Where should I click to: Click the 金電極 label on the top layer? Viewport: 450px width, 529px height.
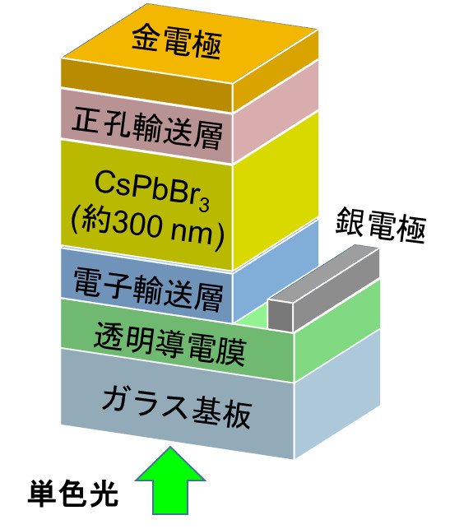point(176,42)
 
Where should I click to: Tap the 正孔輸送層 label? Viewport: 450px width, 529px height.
point(147,128)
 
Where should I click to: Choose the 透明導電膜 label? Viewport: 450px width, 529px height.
point(169,344)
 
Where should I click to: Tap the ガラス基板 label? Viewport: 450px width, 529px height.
point(177,407)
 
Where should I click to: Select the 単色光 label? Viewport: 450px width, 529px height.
point(73,494)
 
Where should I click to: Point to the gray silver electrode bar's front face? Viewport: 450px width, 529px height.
point(281,315)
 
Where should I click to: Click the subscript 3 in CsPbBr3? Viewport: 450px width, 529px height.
point(203,205)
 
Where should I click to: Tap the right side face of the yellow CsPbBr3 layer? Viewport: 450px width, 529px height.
point(276,192)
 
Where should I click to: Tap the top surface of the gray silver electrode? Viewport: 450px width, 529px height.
point(323,273)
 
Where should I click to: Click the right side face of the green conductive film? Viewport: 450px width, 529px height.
point(337,331)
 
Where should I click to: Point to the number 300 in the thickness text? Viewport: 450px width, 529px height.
point(136,225)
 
